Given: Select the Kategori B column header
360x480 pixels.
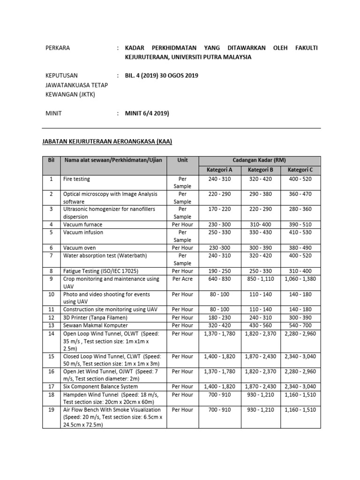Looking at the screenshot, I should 260,169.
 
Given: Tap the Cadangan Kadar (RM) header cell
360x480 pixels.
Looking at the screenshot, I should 259,160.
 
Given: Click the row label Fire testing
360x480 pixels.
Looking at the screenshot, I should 76,179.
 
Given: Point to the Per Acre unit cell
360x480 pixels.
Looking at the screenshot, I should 182,279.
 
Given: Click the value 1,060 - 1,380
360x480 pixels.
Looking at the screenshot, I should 300,279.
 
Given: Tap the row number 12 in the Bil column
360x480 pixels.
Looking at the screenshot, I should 52,317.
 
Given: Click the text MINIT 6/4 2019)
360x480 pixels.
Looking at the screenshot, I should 147,113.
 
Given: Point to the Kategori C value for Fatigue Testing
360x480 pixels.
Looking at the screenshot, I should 300,271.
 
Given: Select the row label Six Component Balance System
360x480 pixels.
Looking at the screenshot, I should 100,386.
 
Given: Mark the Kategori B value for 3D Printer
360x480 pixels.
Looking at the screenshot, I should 260,317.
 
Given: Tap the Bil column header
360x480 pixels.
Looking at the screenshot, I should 52,160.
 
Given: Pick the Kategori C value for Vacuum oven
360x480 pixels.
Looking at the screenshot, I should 300,247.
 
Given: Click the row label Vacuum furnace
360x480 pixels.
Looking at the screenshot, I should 82,225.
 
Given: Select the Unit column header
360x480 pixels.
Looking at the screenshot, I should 182,160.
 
